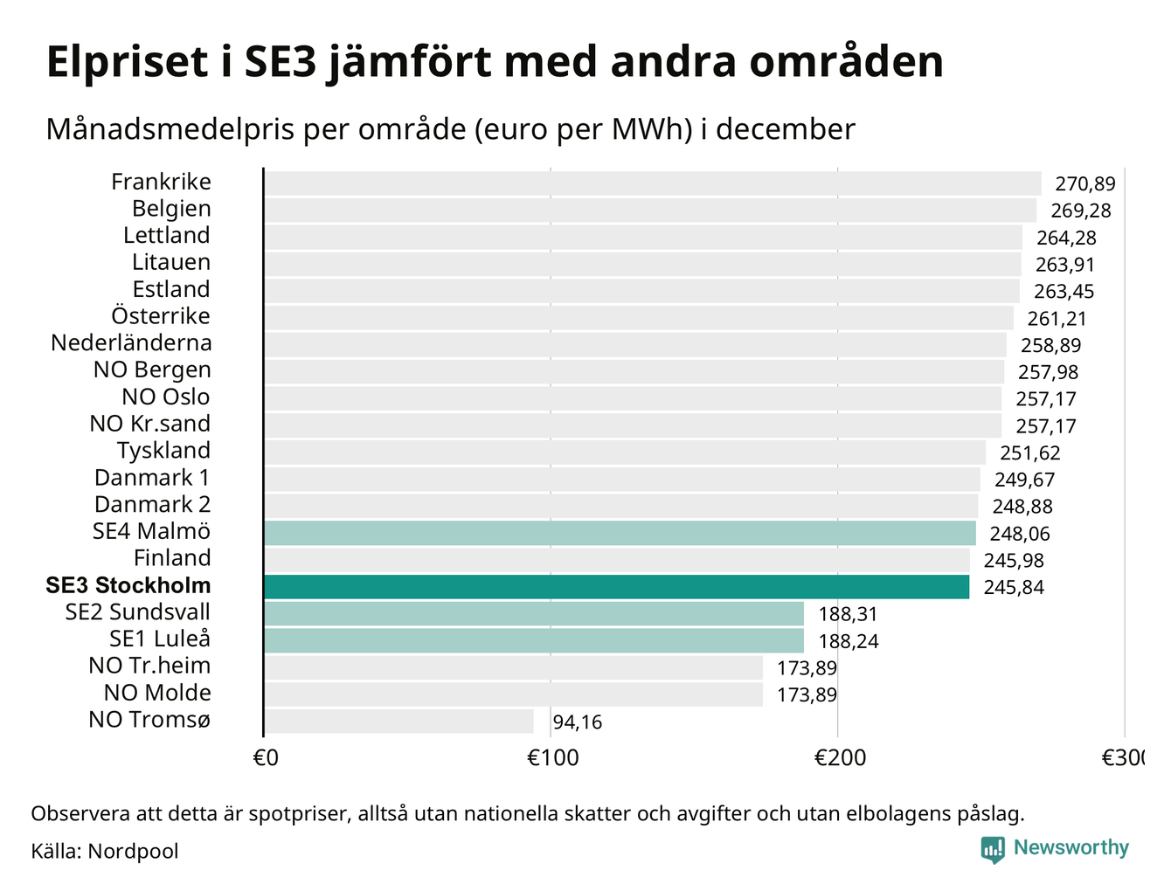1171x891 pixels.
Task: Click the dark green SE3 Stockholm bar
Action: tap(616, 586)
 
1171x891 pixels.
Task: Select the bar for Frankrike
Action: tap(652, 183)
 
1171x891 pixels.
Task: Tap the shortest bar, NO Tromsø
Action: tap(398, 722)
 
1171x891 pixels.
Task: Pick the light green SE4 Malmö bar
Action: tap(620, 533)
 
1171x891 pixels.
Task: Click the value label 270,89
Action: tap(1085, 184)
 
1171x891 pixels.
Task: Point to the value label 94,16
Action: tap(578, 722)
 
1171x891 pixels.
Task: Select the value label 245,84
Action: tap(1014, 587)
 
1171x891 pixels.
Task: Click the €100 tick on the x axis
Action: tap(552, 757)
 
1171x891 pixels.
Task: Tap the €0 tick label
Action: tap(265, 757)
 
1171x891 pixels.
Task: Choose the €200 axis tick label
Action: tap(840, 757)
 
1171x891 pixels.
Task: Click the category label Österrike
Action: tap(161, 316)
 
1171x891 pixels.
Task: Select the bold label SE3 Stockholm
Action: tap(128, 585)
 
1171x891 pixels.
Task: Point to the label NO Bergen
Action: tap(152, 370)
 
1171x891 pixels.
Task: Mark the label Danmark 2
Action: tap(152, 505)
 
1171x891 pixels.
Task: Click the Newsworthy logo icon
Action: tap(992, 849)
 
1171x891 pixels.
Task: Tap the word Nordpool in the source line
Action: tap(133, 851)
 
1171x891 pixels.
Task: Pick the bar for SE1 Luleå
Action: tap(533, 640)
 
